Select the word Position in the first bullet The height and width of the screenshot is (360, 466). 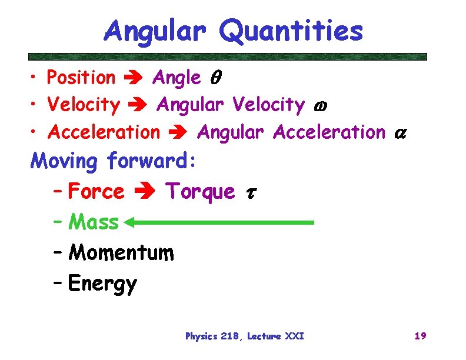(81, 78)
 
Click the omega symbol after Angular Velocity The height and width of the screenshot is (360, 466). (317, 106)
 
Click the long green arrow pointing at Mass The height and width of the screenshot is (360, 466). (220, 223)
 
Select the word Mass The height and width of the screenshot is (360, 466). (94, 222)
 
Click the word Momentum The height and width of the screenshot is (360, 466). (121, 253)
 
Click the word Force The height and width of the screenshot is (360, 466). (96, 191)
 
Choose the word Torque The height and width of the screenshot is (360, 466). (200, 192)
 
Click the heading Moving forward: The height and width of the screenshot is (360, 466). (115, 160)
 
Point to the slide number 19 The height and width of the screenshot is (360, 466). (420, 336)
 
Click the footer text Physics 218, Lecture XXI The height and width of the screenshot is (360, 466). (244, 336)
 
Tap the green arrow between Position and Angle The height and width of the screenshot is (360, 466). (134, 78)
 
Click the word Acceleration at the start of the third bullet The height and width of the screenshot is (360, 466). (104, 132)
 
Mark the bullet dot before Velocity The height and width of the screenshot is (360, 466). (36, 106)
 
